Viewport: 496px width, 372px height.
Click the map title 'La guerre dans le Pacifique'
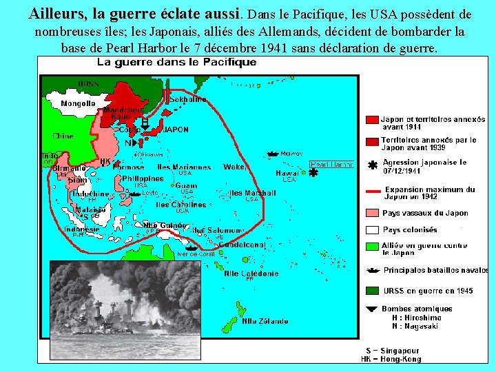(x=177, y=62)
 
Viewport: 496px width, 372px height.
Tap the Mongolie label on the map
(x=79, y=103)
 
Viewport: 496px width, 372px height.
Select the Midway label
(x=292, y=154)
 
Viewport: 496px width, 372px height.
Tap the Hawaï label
(x=288, y=173)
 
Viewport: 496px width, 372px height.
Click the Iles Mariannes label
(x=184, y=167)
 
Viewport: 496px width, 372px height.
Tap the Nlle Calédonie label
(x=251, y=273)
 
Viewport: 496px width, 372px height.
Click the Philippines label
(x=143, y=178)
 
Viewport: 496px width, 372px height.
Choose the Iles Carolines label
(x=180, y=205)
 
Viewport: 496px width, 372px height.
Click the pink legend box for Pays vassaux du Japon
(x=372, y=213)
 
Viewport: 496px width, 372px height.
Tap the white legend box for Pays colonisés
(x=372, y=230)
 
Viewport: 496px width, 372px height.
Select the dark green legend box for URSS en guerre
(x=372, y=291)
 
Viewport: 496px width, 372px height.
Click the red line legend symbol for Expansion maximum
(x=373, y=192)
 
